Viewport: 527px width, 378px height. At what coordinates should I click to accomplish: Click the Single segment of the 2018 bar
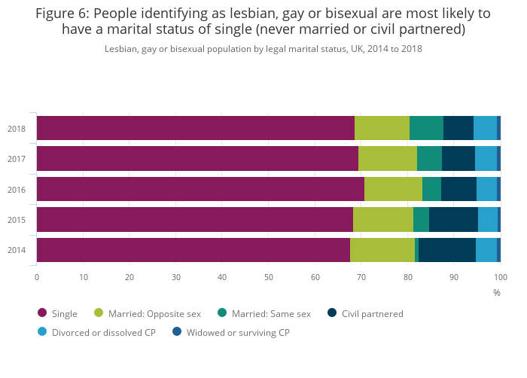tap(196, 128)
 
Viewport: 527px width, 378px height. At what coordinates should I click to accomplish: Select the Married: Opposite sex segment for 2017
tap(388, 159)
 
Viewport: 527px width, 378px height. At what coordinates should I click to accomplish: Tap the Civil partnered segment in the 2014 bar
tap(447, 250)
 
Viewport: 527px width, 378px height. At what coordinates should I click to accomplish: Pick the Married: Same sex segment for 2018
tap(426, 128)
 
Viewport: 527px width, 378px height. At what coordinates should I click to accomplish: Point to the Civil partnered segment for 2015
tap(453, 219)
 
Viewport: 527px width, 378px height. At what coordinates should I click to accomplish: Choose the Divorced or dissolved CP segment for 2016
tap(486, 189)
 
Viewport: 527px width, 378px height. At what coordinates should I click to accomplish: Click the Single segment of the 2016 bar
tap(200, 189)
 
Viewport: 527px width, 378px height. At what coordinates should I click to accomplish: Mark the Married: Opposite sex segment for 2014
tap(382, 250)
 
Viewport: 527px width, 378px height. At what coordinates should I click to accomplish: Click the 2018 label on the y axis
tap(17, 129)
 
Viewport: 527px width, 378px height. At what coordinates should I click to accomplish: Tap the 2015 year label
tap(17, 220)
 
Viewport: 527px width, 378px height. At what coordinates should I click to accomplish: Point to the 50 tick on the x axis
tap(269, 277)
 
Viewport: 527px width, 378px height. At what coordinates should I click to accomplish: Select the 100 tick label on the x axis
tap(500, 277)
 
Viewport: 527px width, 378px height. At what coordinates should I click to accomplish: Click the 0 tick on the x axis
tap(37, 277)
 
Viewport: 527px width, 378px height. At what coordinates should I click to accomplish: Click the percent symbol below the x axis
tap(497, 292)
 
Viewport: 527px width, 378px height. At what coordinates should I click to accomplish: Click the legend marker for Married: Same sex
tap(222, 313)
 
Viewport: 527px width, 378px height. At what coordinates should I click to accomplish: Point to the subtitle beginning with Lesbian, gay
tap(263, 48)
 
